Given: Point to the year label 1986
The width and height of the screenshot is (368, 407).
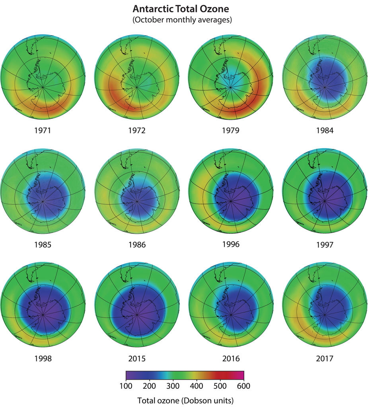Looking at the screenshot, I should point(137,245).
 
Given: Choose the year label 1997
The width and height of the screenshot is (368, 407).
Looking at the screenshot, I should point(325,244).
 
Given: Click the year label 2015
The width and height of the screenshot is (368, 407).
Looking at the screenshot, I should point(137,359).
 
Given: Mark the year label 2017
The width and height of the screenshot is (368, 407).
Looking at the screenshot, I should point(325,359).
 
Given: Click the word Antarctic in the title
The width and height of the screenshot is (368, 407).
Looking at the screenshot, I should point(153,8).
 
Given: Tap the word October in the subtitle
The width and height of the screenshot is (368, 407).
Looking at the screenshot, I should point(152,19).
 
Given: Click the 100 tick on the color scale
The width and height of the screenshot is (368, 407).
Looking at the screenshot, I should point(126,386).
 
